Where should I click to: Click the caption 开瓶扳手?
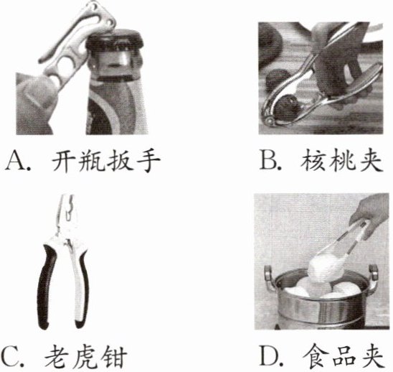tap(105, 161)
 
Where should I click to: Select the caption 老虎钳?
tap(86, 356)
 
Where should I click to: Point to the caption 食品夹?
tap(344, 356)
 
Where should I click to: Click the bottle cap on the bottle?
tap(115, 39)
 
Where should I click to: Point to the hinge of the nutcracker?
tap(269, 120)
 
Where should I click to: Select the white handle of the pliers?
tap(80, 284)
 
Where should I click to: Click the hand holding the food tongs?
tap(369, 216)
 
